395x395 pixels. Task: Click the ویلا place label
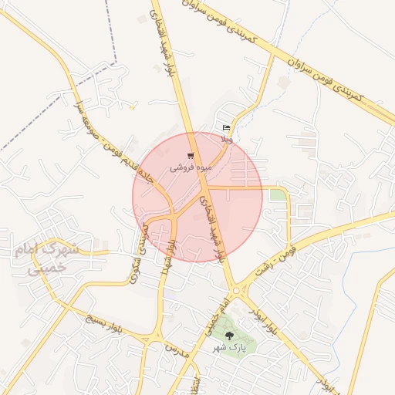click(226, 139)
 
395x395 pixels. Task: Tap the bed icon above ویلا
click(226, 127)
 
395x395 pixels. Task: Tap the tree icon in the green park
click(229, 336)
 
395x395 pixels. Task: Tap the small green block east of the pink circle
click(277, 195)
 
